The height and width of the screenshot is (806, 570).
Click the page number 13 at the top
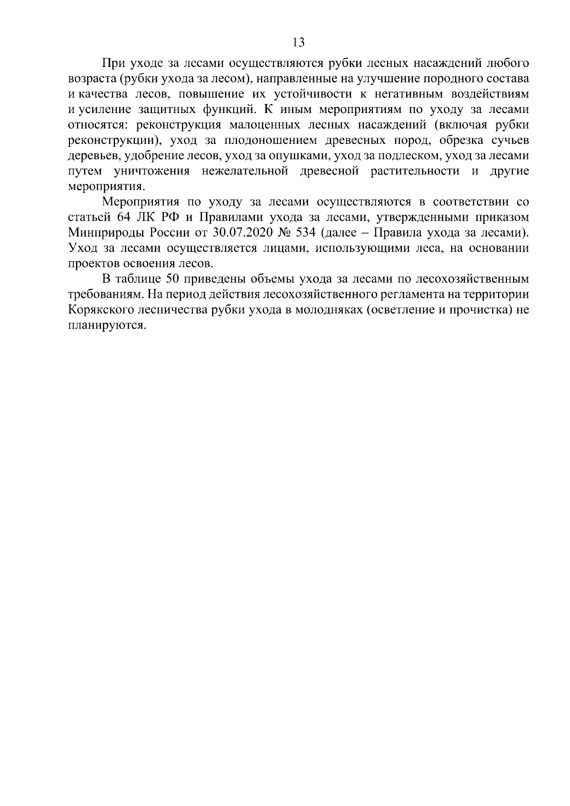tap(298, 42)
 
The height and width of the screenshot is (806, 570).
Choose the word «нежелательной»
tap(245, 171)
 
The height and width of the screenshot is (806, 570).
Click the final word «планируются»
tap(105, 326)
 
